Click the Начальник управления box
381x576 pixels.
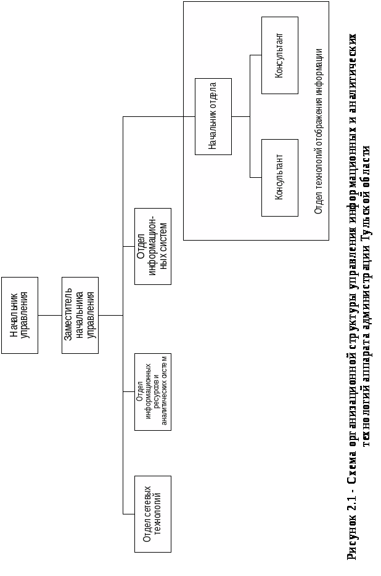[x=19, y=315]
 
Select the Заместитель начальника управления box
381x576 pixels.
[x=80, y=315]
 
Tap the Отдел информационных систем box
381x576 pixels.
[x=152, y=246]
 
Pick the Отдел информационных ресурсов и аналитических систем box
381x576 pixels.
[x=152, y=391]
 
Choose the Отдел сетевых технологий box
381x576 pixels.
[x=152, y=514]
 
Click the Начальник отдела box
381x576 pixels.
[x=213, y=116]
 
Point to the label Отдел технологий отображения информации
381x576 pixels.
[x=318, y=130]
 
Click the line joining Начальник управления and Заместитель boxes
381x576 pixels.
[x=50, y=315]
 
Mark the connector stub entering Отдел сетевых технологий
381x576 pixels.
[x=129, y=514]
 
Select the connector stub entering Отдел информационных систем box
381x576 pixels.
[x=129, y=246]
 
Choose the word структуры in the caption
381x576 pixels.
[x=351, y=319]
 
